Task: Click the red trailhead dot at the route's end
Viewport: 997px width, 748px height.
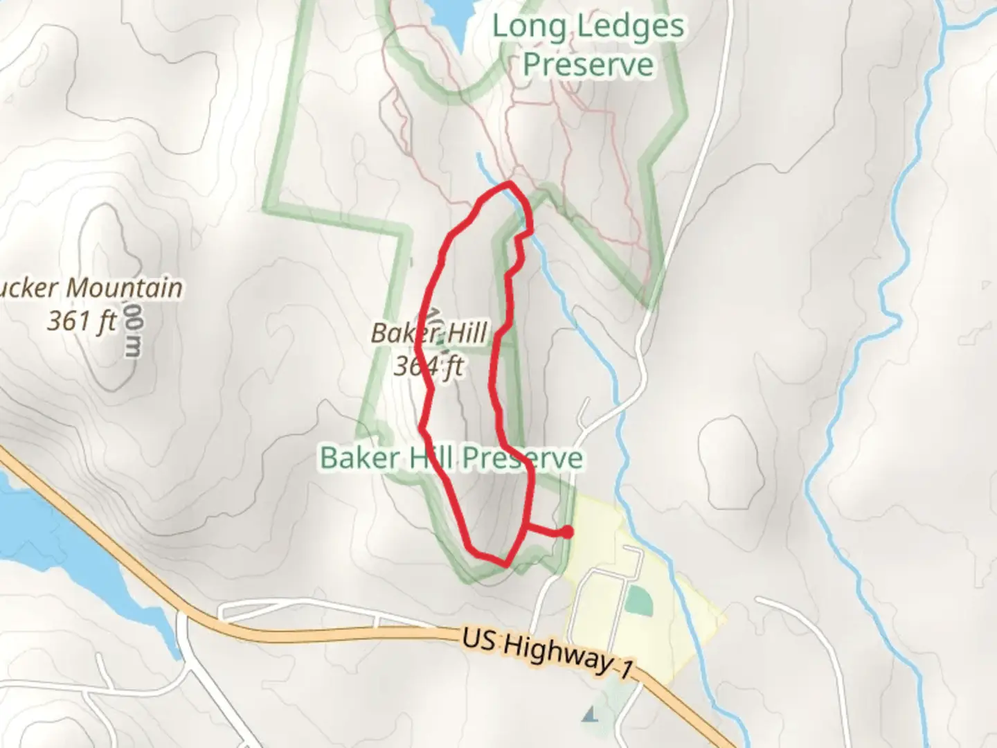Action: tap(567, 532)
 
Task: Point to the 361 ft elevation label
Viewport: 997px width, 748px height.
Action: tap(82, 321)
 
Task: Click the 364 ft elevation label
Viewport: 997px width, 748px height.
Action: tap(428, 366)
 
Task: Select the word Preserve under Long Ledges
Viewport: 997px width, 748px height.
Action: tap(588, 64)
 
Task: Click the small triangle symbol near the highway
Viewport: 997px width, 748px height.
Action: tap(591, 714)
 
